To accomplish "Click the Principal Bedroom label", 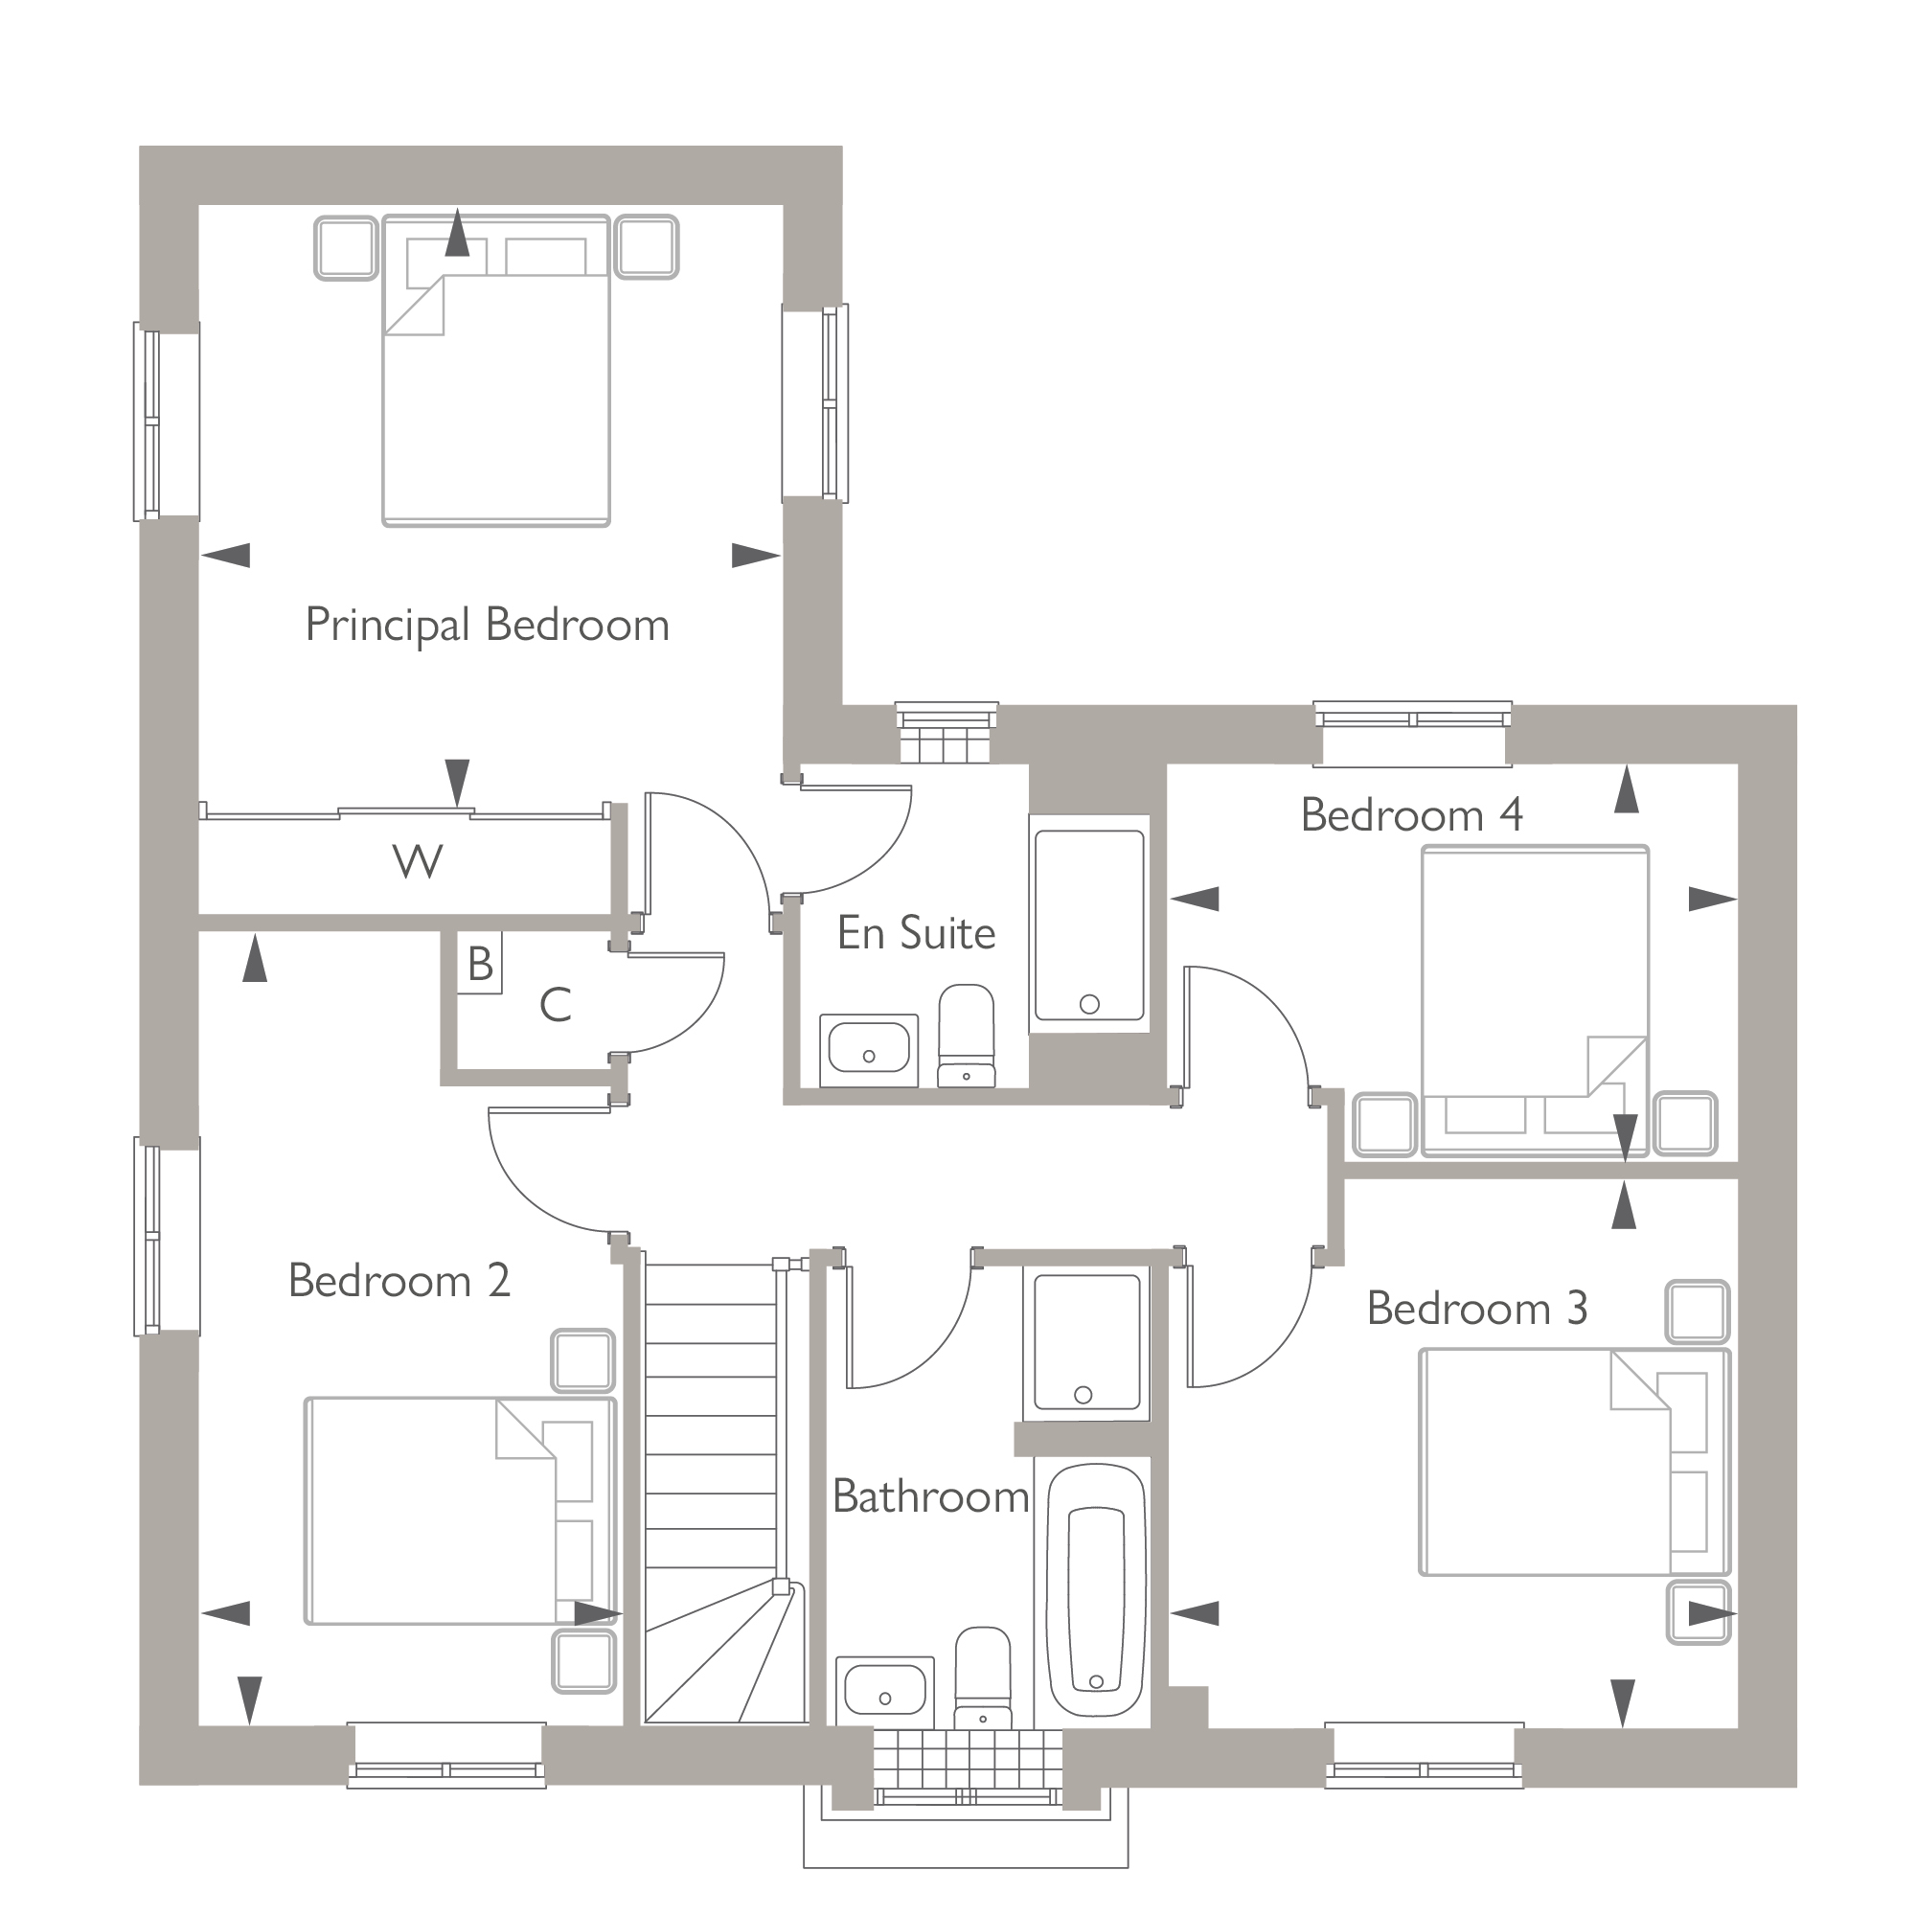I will pos(487,626).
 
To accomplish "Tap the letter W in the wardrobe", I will pos(418,862).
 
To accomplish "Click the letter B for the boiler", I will pos(480,963).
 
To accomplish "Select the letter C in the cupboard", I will pos(556,1006).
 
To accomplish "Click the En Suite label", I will pos(915,933).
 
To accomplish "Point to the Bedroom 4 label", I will pos(1410,815).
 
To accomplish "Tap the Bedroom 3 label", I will pos(1476,1309).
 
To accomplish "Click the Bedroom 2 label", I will pos(399,1281).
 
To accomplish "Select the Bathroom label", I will pos(929,1497).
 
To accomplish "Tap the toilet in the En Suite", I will pos(966,1036).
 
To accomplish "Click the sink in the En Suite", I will pos(869,1049).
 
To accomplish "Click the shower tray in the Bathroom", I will pos(1087,1342).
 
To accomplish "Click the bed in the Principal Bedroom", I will pos(496,397).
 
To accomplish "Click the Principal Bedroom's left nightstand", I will pos(346,248).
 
